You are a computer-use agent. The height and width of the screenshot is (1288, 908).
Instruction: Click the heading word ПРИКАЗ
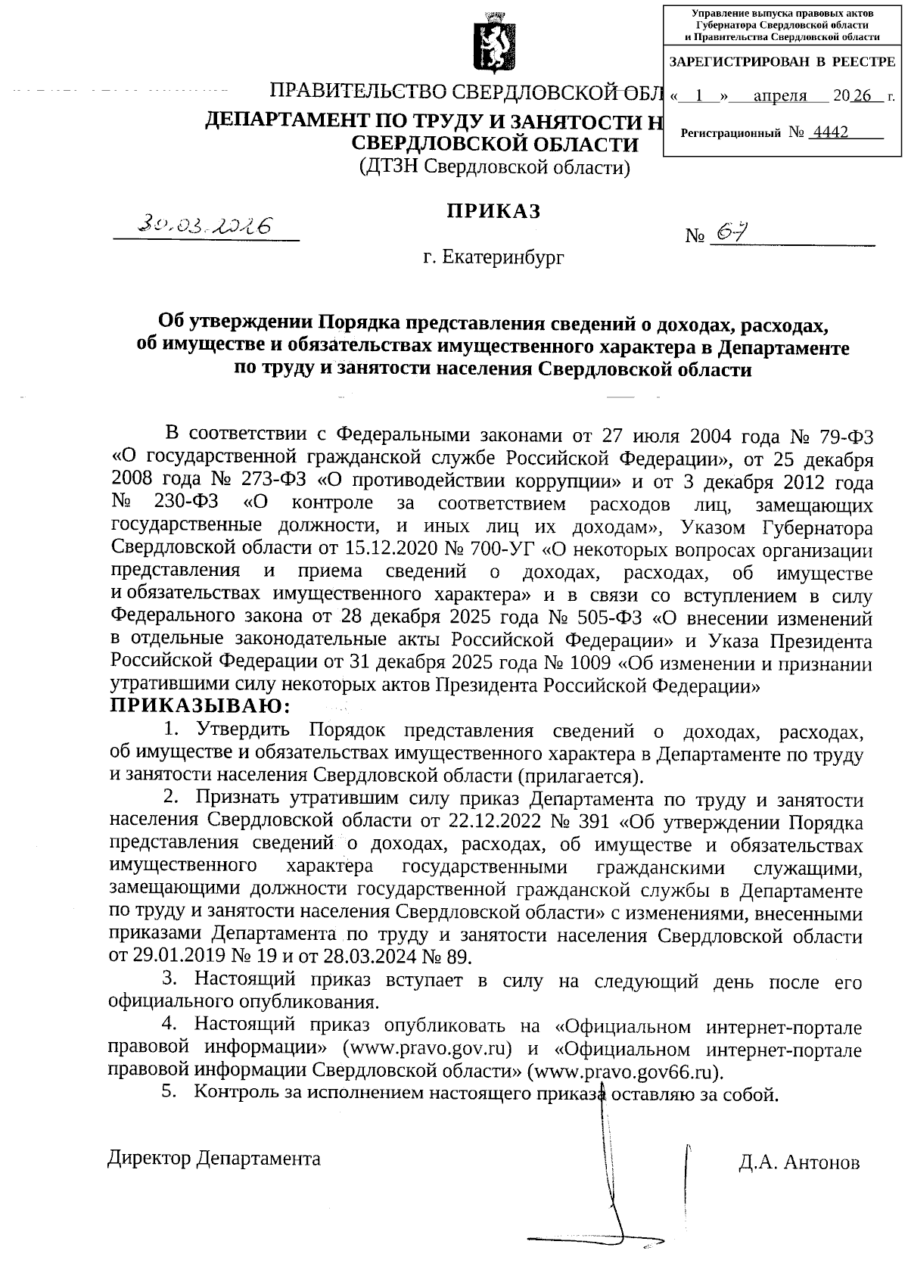(493, 211)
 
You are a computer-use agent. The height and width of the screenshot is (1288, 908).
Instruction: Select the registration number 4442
(829, 132)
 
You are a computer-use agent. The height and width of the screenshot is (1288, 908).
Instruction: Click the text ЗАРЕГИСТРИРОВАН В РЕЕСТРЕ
(782, 61)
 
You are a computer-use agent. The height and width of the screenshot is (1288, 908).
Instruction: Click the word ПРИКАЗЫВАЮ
(201, 707)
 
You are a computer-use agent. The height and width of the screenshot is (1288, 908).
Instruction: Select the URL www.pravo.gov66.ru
(623, 1072)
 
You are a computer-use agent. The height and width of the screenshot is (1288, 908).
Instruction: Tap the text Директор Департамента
(214, 1159)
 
